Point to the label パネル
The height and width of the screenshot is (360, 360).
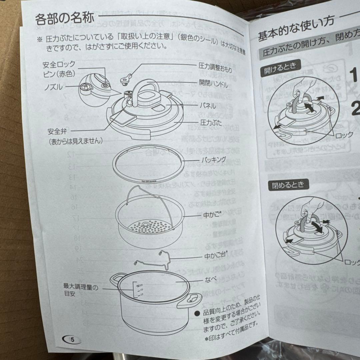[x=208, y=106]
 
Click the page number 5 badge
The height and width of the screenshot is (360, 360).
[x=71, y=340]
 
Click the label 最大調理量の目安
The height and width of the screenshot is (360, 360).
[x=81, y=290]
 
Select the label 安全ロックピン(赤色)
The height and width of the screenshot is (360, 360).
[x=59, y=68]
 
